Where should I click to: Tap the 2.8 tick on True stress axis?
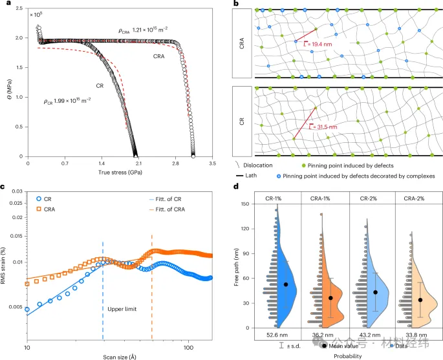tap(175, 164)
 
